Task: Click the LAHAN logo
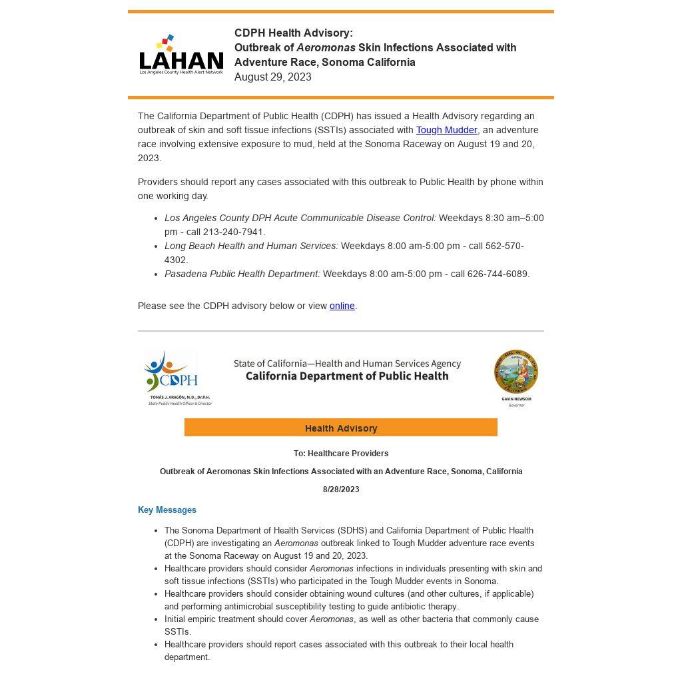coord(181,55)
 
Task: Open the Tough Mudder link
coord(446,130)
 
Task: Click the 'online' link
coord(342,306)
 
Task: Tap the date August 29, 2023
coord(273,77)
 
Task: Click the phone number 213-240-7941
coord(234,232)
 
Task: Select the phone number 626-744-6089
coord(498,274)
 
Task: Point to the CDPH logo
coord(172,372)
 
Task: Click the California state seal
coord(516,372)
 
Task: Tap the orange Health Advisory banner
coord(341,428)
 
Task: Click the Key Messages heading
coord(167,510)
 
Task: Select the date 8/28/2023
coord(341,490)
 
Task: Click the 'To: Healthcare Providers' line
coord(341,454)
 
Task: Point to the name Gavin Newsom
coord(516,399)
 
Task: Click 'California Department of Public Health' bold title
coord(347,376)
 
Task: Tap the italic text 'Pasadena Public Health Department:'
coord(242,274)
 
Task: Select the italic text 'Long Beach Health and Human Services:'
coord(251,246)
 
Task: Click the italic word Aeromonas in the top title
coord(326,47)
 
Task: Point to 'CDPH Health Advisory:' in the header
coord(294,33)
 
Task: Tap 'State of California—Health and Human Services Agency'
coord(347,364)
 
